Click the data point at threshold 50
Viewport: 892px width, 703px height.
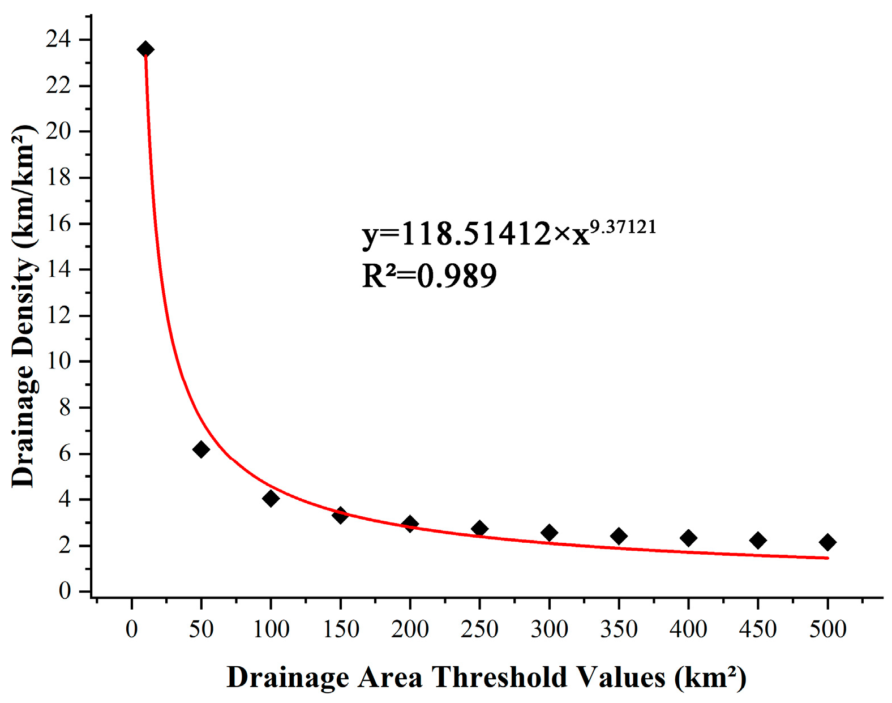pos(201,450)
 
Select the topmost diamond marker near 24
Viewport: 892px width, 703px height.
pos(145,49)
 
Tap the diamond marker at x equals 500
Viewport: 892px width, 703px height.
pos(827,542)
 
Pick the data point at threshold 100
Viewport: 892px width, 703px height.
pos(271,499)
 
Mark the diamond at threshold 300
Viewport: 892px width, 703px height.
pos(549,533)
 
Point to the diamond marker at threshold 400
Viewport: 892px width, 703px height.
pos(688,538)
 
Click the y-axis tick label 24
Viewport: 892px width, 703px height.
pos(59,40)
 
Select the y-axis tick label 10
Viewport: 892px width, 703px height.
pos(59,361)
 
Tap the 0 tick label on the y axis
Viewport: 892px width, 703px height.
pos(65,591)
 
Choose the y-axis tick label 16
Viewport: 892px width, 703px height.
pos(59,224)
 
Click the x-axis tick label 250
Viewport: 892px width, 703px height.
pos(479,629)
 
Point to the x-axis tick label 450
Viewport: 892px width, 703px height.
pos(758,629)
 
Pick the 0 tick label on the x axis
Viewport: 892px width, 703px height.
pos(132,629)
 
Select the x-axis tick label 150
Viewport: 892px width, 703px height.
pos(340,629)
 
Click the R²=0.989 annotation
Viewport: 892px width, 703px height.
pos(429,276)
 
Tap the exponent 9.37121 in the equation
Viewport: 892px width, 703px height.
pos(623,228)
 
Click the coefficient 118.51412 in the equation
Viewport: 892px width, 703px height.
pos(475,234)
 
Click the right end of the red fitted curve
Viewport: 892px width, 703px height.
pos(827,558)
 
